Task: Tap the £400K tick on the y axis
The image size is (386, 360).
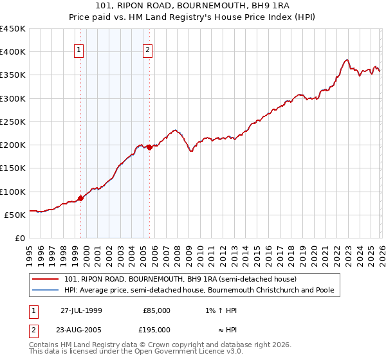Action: coord(13,52)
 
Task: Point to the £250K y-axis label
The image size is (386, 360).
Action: coord(13,122)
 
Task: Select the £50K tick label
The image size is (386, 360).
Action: coord(15,215)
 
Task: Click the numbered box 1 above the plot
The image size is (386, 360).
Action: coord(78,50)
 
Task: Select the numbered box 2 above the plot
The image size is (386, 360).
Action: coord(147,50)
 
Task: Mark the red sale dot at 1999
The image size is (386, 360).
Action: coord(81,199)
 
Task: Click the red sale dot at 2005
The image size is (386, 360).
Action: coord(150,147)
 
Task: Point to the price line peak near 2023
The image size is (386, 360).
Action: coord(347,60)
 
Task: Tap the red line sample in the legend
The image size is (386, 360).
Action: coord(47,280)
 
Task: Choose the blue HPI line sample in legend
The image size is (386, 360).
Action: coord(47,291)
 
